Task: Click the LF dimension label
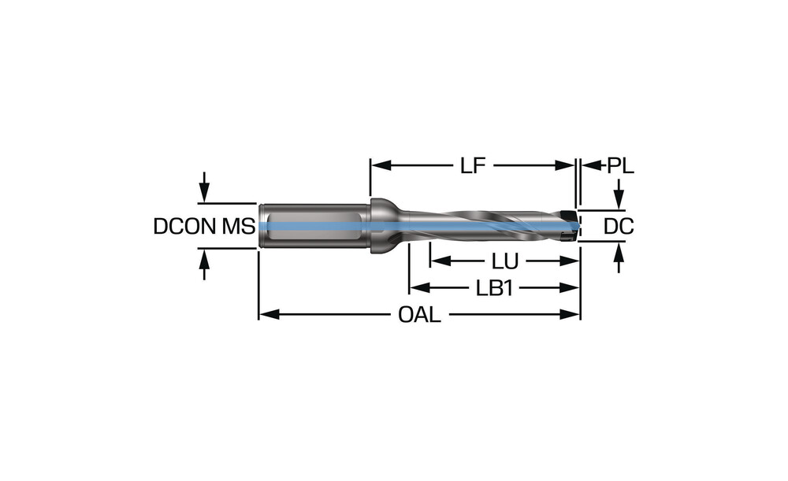(x=473, y=166)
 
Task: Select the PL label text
(x=620, y=166)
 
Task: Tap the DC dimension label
(x=619, y=227)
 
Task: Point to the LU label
(x=504, y=261)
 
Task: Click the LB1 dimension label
(x=495, y=287)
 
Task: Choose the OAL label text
(x=419, y=315)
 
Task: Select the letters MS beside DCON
(x=238, y=227)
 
